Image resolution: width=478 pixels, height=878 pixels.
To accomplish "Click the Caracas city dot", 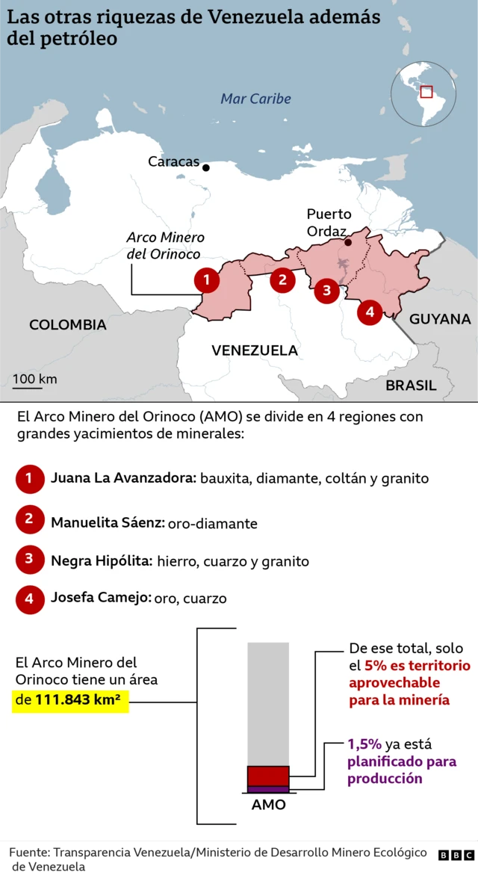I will point(206,167).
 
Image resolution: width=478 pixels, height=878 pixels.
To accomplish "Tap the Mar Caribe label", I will point(255,99).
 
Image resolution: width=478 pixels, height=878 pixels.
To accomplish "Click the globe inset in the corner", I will point(423,93).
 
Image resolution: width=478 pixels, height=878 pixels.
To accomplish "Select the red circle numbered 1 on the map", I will point(207,280).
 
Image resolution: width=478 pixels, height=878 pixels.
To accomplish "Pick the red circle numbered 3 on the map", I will point(326,290).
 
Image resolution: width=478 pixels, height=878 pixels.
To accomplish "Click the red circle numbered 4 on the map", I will point(370,311).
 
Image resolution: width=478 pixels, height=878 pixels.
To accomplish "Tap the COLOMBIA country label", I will point(67,325).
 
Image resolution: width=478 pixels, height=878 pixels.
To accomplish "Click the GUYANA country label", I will point(439,319).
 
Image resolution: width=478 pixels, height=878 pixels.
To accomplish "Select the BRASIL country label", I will point(411,386).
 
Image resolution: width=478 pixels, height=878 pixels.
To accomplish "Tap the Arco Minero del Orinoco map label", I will point(164,246).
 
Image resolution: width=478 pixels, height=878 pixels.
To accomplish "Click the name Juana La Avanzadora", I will point(123,478).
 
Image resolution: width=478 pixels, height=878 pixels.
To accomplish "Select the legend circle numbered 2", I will point(29,519).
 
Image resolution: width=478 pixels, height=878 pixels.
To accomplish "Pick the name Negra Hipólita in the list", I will point(102,560).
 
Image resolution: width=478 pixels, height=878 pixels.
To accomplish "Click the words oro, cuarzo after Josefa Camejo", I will point(190,599).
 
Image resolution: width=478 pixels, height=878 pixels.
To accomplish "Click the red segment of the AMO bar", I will point(268,776).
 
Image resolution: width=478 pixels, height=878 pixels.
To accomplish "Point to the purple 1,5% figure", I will point(364,745).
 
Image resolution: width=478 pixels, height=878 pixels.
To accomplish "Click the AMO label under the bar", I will point(268,806).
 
